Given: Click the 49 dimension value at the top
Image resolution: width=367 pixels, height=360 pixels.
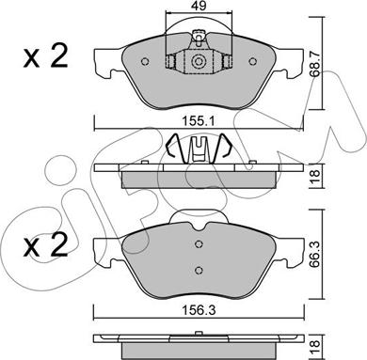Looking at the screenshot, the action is click(x=199, y=6).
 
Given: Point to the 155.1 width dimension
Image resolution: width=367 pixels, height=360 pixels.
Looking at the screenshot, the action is click(x=199, y=121).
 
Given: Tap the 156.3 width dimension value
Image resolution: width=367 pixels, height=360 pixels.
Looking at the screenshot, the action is click(x=199, y=310).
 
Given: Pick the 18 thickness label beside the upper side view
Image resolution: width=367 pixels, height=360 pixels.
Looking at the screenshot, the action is click(x=315, y=176).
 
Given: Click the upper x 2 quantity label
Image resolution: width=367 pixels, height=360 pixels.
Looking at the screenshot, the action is click(x=46, y=56).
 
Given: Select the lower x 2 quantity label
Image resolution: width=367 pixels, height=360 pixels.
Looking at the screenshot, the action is click(x=46, y=245).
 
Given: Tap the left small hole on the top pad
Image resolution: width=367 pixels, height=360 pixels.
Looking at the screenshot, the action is click(x=145, y=61).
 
